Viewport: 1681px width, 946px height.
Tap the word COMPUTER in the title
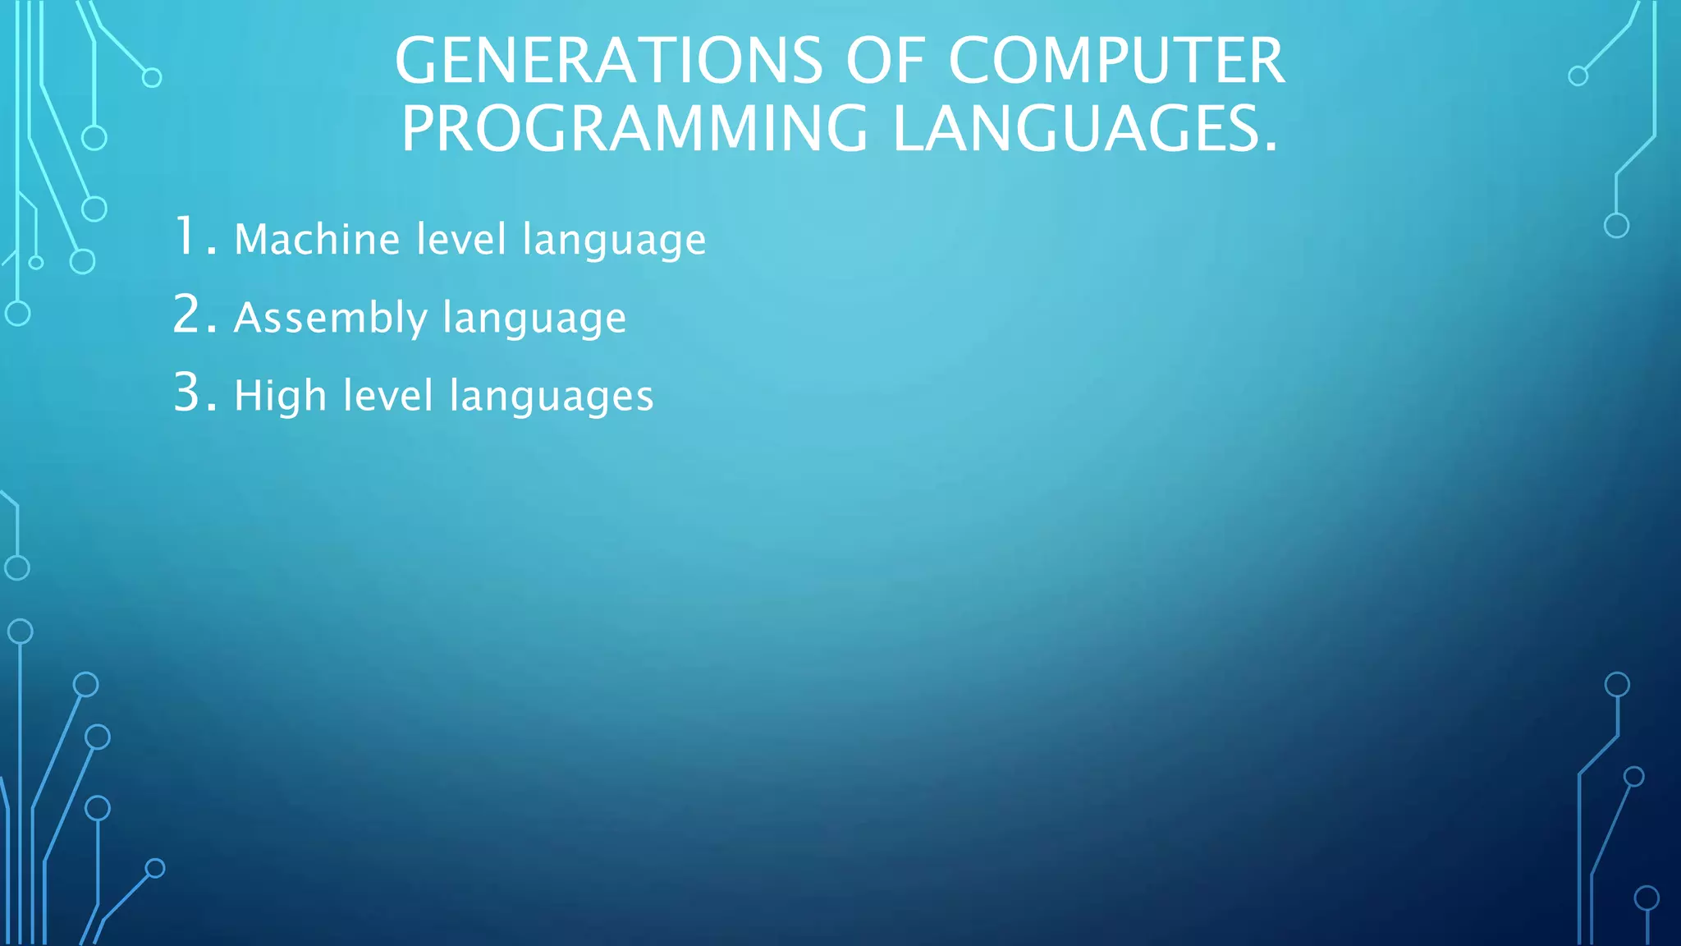(x=1116, y=62)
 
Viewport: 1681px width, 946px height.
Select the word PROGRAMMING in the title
(x=634, y=129)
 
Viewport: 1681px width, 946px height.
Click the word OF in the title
(x=885, y=62)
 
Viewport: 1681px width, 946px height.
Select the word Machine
(x=318, y=240)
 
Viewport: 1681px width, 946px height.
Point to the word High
(x=280, y=396)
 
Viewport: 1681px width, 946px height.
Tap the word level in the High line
(x=388, y=396)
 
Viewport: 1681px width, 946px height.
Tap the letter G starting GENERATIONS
(x=417, y=62)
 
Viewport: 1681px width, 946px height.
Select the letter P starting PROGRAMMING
(x=419, y=129)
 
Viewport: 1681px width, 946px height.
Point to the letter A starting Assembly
(x=247, y=317)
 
